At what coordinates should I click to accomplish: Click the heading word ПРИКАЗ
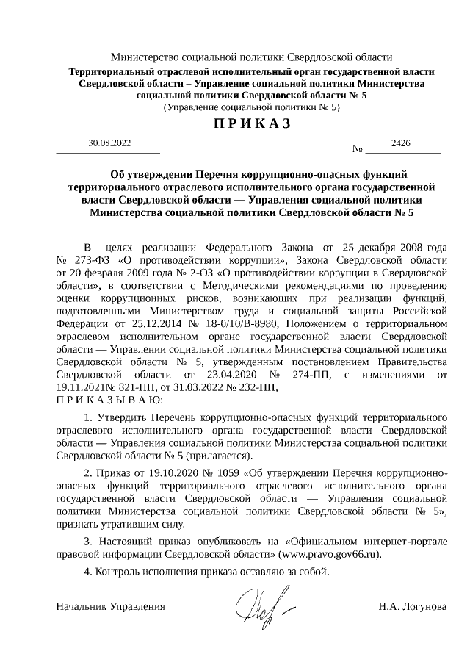click(252, 123)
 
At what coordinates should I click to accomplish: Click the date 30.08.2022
click(109, 143)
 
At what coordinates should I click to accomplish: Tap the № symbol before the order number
click(359, 150)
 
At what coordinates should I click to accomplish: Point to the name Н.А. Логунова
click(412, 606)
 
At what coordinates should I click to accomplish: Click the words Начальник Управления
click(111, 606)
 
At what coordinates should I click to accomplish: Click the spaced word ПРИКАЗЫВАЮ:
click(111, 400)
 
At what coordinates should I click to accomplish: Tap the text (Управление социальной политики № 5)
click(251, 107)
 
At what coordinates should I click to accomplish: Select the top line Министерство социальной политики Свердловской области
click(251, 57)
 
